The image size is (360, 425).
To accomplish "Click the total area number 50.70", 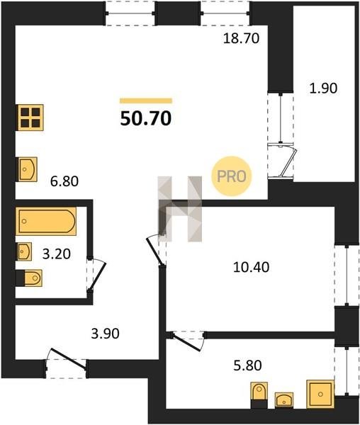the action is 146,119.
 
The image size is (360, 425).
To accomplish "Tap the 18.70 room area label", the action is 241,38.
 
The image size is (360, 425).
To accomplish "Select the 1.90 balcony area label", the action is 323,88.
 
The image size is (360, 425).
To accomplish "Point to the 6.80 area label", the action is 64,181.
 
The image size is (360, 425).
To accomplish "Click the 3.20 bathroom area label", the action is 57,254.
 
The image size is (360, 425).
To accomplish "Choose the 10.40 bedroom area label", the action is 252,267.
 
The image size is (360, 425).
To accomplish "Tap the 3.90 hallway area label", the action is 105,334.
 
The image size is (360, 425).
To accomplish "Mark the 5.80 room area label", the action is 247,365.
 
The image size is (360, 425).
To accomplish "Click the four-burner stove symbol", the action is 30,118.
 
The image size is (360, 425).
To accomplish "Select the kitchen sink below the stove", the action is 28,169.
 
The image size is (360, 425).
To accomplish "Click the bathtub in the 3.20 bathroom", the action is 46,221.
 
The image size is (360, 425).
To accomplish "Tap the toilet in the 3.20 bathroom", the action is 29,278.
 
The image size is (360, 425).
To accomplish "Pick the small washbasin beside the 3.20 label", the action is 25,251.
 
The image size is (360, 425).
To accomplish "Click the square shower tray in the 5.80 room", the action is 320,394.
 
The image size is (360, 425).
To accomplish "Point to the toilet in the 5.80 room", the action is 259,395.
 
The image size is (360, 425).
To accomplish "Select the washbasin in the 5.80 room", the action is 284,399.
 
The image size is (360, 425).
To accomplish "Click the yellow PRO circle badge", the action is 232,176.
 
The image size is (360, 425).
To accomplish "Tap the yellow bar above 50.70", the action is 146,101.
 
